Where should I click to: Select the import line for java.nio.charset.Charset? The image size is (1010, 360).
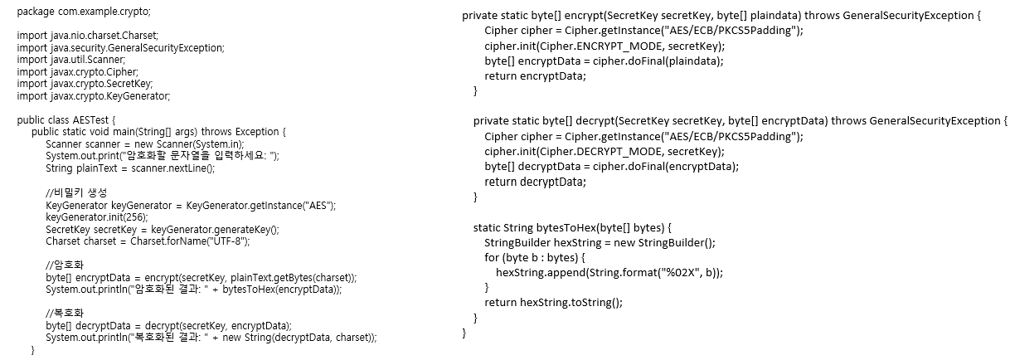click(x=87, y=37)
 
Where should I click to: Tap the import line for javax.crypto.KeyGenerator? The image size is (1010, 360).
click(x=94, y=96)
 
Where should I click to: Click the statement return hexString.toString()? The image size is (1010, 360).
click(x=553, y=303)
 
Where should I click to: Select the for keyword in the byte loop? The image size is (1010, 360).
click(x=491, y=257)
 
